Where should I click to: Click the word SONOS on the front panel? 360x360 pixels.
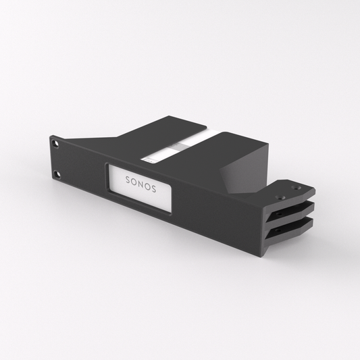[140, 184]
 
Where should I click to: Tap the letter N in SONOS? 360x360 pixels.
[140, 184]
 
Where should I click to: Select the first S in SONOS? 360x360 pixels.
[127, 180]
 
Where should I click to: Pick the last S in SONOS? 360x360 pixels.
[154, 189]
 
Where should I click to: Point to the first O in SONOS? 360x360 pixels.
[134, 182]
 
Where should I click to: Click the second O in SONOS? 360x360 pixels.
[147, 187]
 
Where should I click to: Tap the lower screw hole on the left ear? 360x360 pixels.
[57, 175]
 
